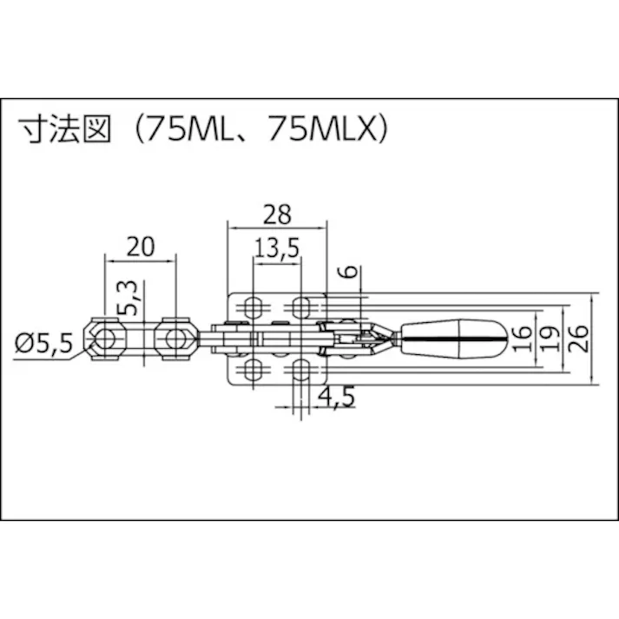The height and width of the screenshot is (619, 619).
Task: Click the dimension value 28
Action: [x=277, y=212]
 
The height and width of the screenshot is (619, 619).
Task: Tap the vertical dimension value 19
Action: [x=549, y=337]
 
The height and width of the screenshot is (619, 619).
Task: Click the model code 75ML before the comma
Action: [x=185, y=128]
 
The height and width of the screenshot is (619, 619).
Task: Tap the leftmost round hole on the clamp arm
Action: [x=106, y=337]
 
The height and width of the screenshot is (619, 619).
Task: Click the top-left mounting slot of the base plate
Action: [x=253, y=306]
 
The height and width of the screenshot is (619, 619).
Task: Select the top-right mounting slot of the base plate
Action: [x=301, y=306]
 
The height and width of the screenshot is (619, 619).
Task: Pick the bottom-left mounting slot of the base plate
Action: [x=253, y=371]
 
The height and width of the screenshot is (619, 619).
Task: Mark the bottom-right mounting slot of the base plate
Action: [x=301, y=371]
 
